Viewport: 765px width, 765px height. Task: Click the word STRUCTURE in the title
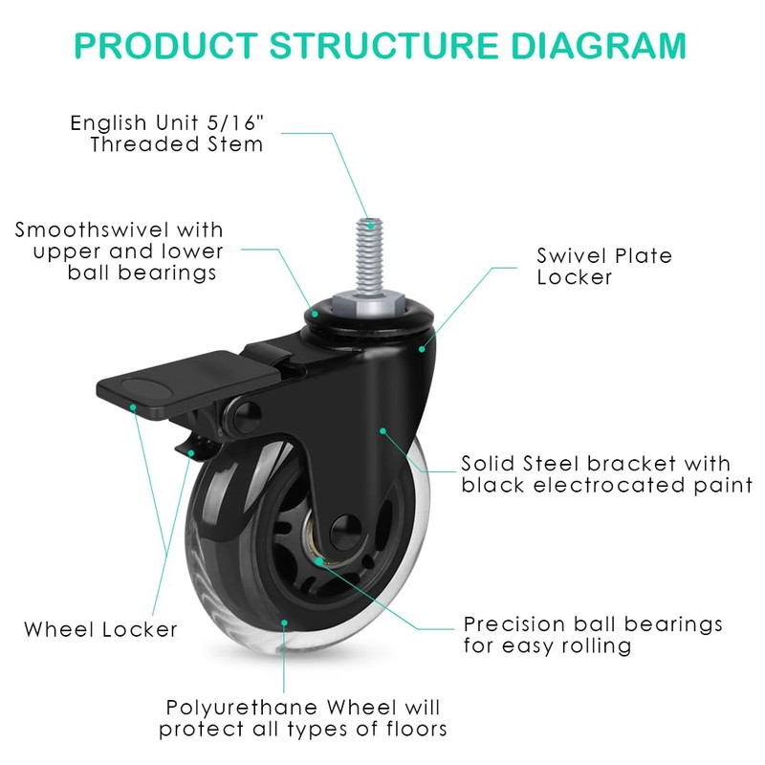382,45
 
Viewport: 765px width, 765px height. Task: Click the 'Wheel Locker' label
101,629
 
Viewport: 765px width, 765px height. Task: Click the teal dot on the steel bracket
382,430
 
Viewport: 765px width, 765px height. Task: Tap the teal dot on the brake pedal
134,405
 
